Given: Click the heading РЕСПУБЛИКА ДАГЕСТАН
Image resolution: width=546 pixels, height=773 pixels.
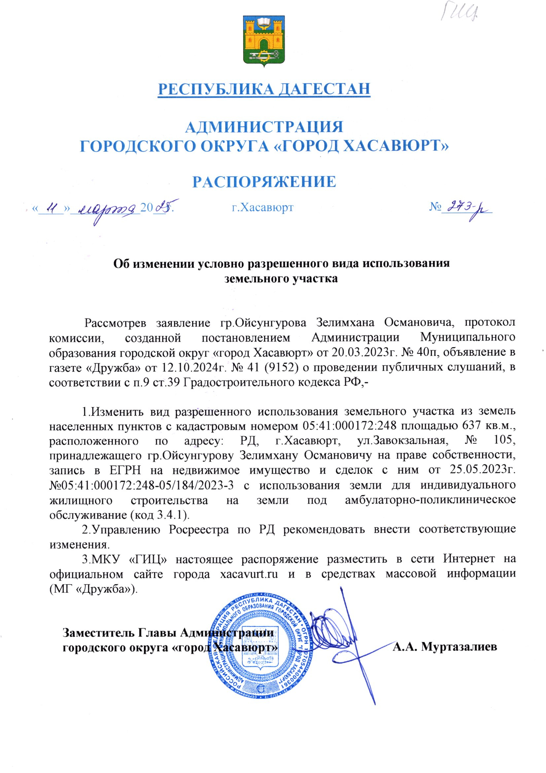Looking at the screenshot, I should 264,89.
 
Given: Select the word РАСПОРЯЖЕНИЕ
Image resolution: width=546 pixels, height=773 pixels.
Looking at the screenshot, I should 264,182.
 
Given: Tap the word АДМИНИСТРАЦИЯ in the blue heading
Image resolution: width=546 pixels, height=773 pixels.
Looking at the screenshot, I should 264,127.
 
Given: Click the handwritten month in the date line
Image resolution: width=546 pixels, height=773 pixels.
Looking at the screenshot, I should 105,209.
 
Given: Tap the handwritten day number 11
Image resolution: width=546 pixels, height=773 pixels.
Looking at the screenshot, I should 51,208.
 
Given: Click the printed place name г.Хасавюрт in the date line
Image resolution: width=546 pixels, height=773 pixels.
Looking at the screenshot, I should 262,207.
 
